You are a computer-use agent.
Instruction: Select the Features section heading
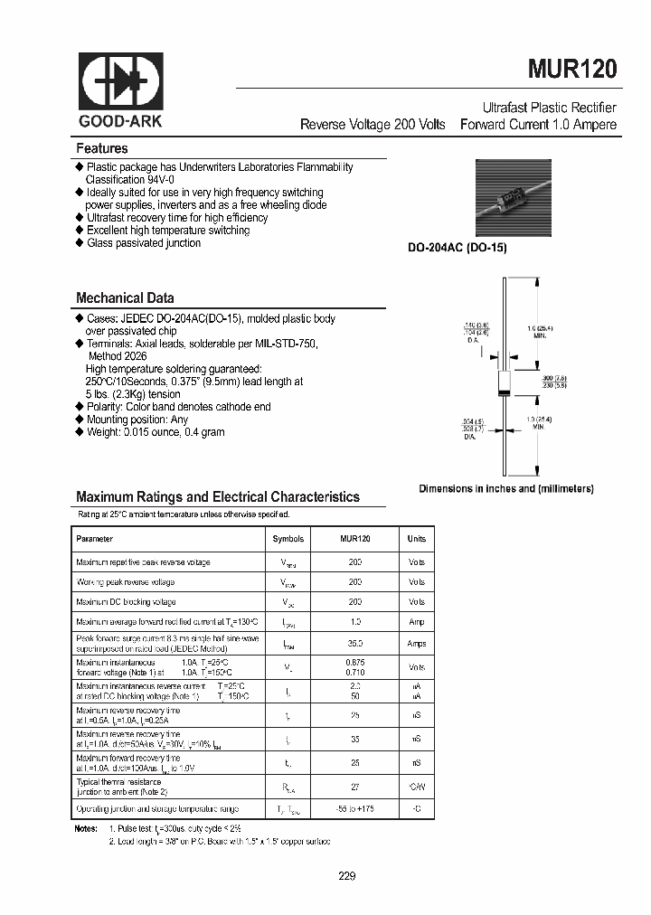pyautogui.click(x=102, y=148)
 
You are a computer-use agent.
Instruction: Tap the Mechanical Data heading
pyautogui.click(x=125, y=297)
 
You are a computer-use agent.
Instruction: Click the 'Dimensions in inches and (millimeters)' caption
pyautogui.click(x=505, y=488)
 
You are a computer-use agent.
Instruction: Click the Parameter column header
pyautogui.click(x=95, y=539)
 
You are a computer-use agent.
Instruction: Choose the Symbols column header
pyautogui.click(x=288, y=539)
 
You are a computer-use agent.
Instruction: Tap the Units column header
pyautogui.click(x=416, y=539)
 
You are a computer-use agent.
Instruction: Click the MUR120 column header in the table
pyautogui.click(x=355, y=539)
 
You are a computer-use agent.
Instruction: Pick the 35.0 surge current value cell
pyautogui.click(x=355, y=644)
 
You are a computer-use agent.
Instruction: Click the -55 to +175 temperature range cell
pyautogui.click(x=355, y=808)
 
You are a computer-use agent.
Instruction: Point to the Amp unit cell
pyautogui.click(x=416, y=622)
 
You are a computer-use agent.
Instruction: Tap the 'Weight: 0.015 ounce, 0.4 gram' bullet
pyautogui.click(x=156, y=432)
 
